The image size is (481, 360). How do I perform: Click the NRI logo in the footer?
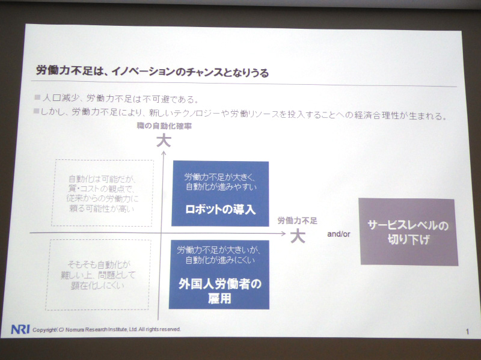pos(20,329)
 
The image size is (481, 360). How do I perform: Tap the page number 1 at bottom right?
pos(467,332)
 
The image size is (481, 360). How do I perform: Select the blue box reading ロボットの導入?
pos(221,194)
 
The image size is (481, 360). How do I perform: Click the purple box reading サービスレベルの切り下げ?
pos(409,231)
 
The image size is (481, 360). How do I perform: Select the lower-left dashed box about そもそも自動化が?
pos(99,274)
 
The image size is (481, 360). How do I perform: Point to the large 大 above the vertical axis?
pos(164,142)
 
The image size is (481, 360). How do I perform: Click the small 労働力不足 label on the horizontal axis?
pos(296,221)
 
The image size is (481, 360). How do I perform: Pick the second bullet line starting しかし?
pos(240,113)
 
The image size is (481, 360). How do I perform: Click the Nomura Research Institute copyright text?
pos(106,329)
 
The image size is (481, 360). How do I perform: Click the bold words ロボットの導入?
pos(221,210)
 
